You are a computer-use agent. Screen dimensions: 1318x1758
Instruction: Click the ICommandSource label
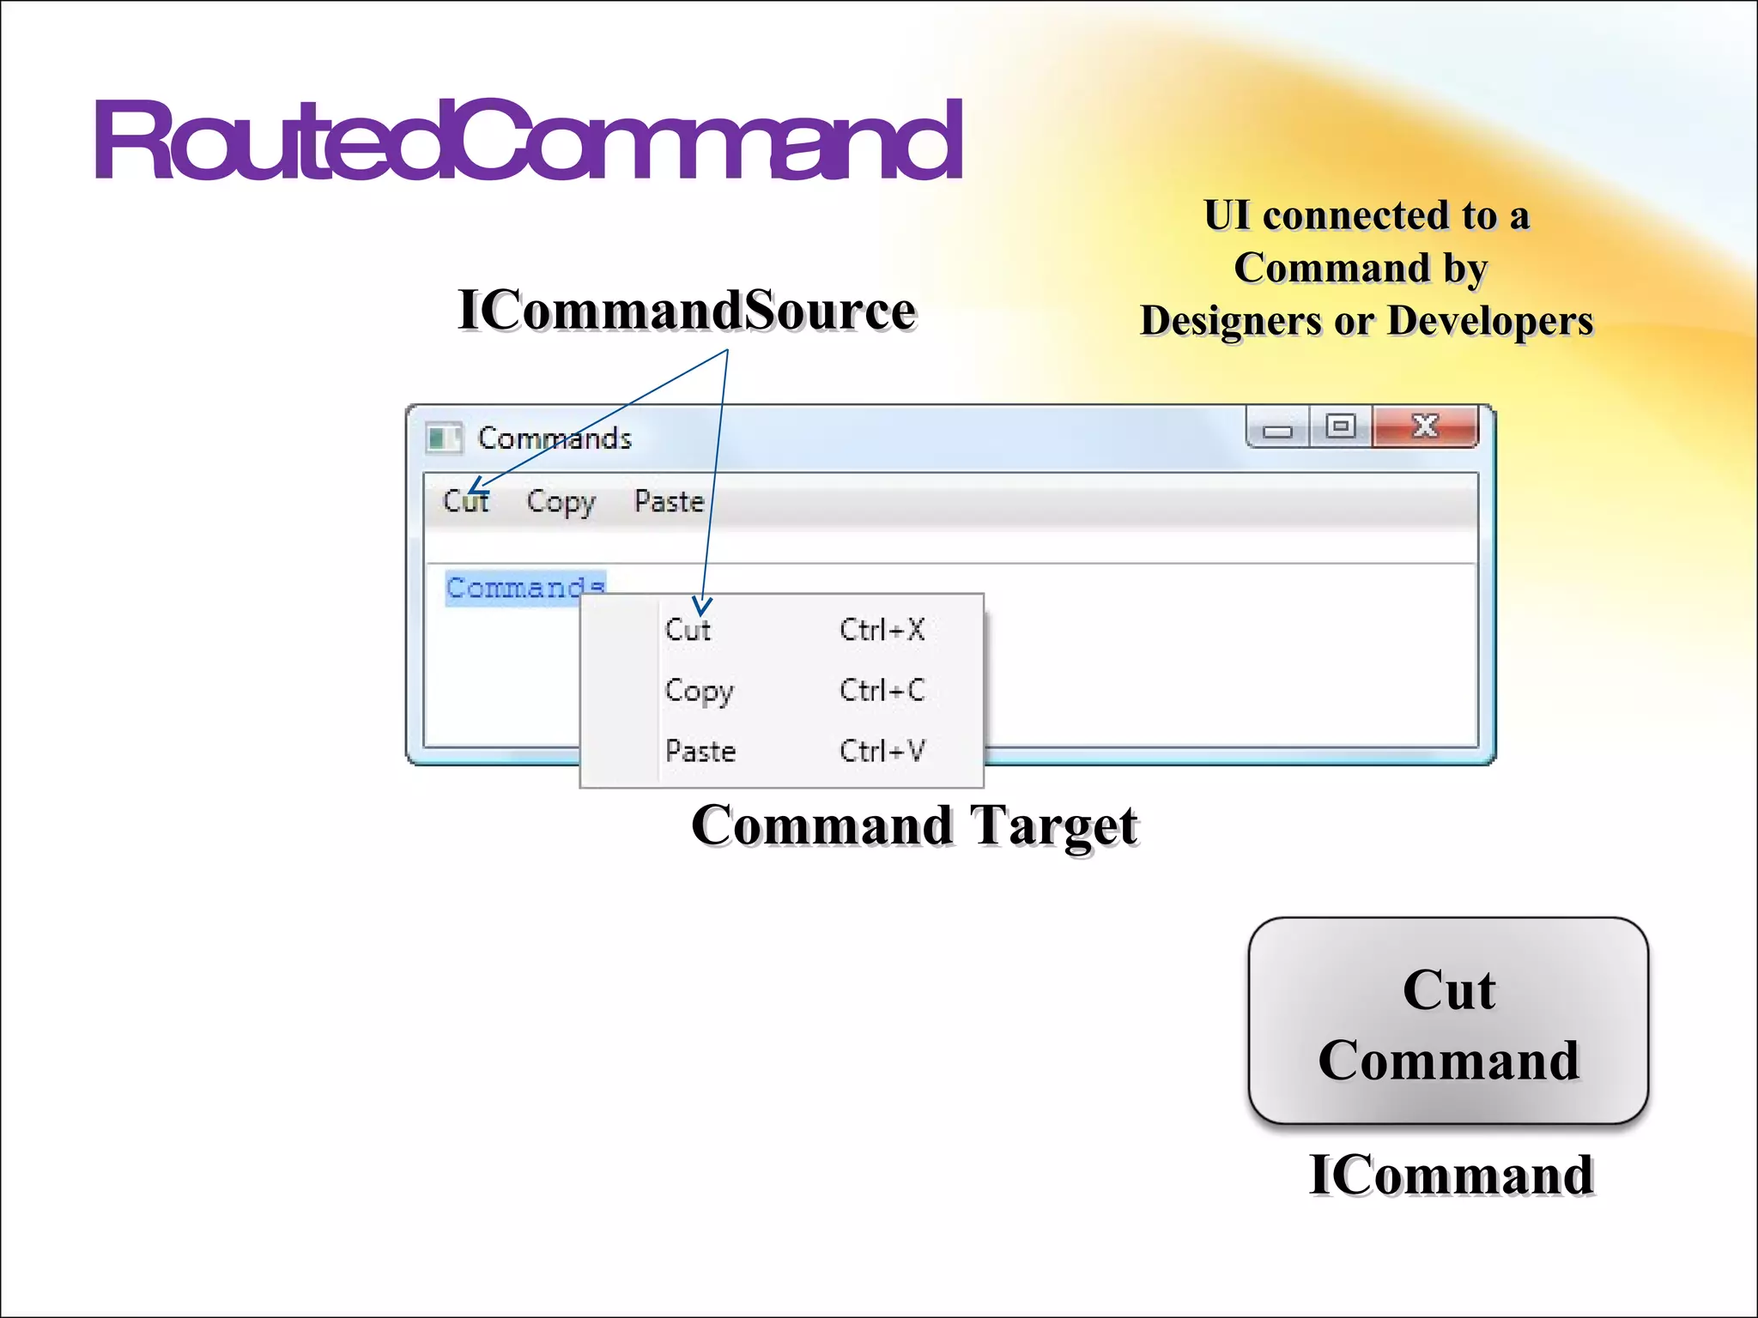tap(687, 311)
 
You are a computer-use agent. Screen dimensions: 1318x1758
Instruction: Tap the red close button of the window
tap(1425, 426)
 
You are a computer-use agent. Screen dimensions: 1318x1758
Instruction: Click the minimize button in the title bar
tap(1277, 428)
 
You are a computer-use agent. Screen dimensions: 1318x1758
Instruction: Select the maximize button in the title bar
tap(1341, 426)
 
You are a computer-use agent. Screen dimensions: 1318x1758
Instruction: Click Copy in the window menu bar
tap(561, 501)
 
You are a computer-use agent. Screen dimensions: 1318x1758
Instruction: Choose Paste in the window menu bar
tap(669, 501)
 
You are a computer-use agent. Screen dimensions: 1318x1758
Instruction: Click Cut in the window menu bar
tap(466, 501)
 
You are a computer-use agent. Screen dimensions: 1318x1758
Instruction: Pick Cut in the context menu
tap(688, 630)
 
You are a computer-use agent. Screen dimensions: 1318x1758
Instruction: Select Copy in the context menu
tap(699, 691)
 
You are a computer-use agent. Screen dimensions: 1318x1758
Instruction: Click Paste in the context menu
tap(700, 752)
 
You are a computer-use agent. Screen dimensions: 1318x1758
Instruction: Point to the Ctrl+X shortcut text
tap(882, 630)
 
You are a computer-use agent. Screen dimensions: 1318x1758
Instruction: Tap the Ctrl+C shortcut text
tap(882, 691)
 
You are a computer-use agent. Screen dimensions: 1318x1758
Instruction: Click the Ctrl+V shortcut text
tap(882, 752)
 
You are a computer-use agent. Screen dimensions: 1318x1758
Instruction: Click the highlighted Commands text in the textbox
tap(524, 588)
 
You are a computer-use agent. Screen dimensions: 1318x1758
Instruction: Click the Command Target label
tap(914, 825)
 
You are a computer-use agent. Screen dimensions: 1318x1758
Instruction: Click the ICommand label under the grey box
tap(1451, 1175)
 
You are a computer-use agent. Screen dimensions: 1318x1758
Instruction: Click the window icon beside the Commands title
tap(444, 438)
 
